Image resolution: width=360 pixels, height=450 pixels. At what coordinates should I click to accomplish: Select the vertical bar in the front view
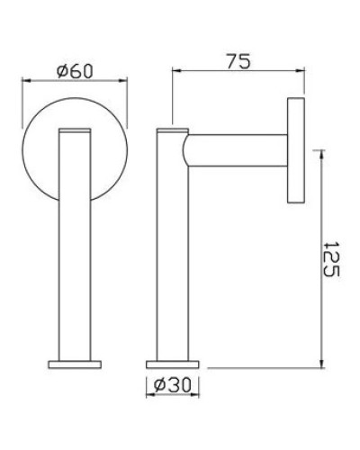click(75, 243)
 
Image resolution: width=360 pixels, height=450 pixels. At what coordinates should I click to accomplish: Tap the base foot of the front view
click(75, 364)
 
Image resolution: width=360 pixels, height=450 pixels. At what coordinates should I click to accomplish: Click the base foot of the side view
click(172, 364)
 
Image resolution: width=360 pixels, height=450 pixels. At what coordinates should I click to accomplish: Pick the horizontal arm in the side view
click(238, 150)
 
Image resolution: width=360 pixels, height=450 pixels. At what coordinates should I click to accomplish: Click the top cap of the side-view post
click(172, 130)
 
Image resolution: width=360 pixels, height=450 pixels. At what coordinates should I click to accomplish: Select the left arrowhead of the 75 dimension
click(175, 70)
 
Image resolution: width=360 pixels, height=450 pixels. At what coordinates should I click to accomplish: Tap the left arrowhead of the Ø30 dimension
click(148, 394)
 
